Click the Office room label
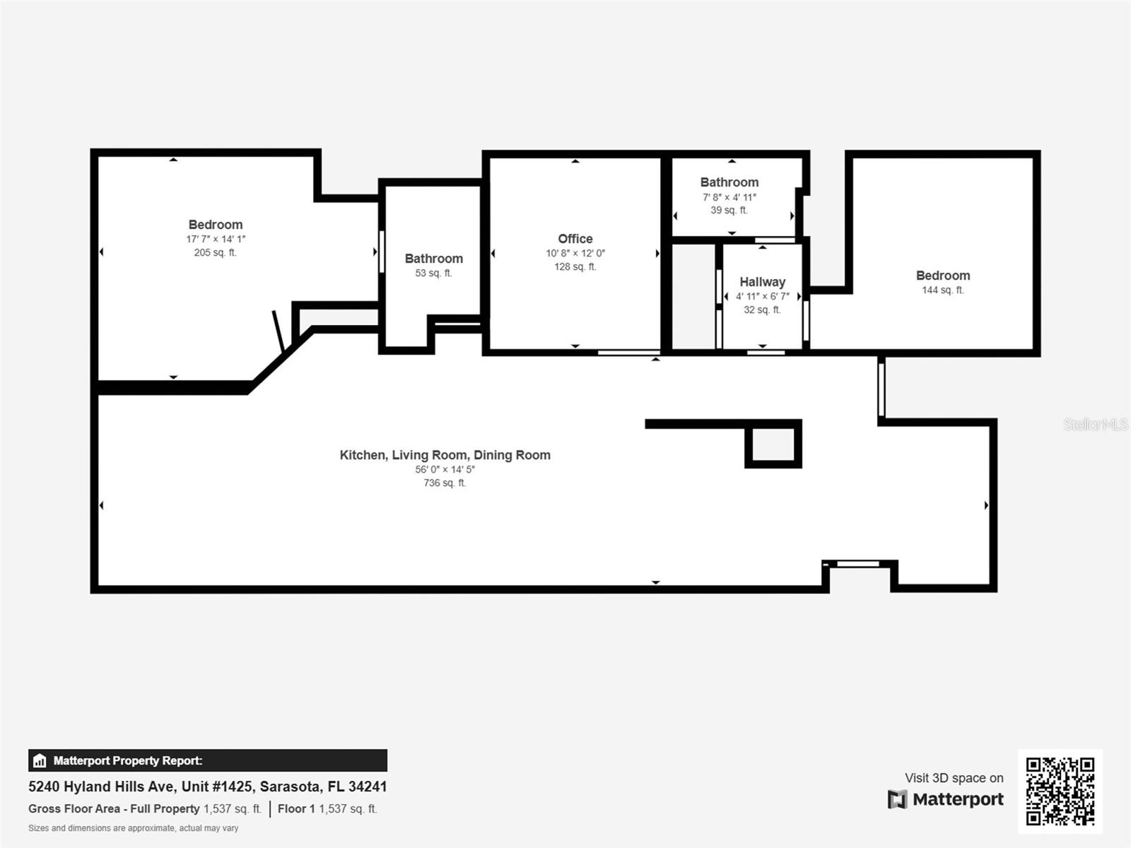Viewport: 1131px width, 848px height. [575, 239]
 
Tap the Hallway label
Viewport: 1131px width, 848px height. [763, 282]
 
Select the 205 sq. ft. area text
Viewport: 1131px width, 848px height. [216, 252]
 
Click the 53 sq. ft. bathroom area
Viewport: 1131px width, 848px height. [433, 273]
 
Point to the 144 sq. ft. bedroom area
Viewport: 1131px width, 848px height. [943, 290]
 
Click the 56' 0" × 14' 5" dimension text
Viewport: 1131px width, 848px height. [445, 469]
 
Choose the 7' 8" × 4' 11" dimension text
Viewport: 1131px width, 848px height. [729, 196]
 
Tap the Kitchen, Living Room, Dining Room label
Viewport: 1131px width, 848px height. [445, 455]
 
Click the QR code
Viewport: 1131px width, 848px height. [1060, 791]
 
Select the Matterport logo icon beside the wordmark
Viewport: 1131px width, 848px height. [897, 800]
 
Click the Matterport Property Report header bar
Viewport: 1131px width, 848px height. [208, 760]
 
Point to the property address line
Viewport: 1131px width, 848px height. [208, 787]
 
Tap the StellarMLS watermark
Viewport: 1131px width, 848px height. [1096, 424]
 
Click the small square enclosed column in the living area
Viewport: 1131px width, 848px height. [773, 444]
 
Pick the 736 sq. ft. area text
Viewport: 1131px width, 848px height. [445, 483]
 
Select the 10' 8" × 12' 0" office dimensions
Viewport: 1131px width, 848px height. [575, 253]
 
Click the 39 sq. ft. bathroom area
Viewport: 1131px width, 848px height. [729, 210]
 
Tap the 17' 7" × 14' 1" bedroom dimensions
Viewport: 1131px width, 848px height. [216, 239]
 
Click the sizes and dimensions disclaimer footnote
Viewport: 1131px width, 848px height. [134, 828]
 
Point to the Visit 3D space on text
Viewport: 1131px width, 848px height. [954, 778]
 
